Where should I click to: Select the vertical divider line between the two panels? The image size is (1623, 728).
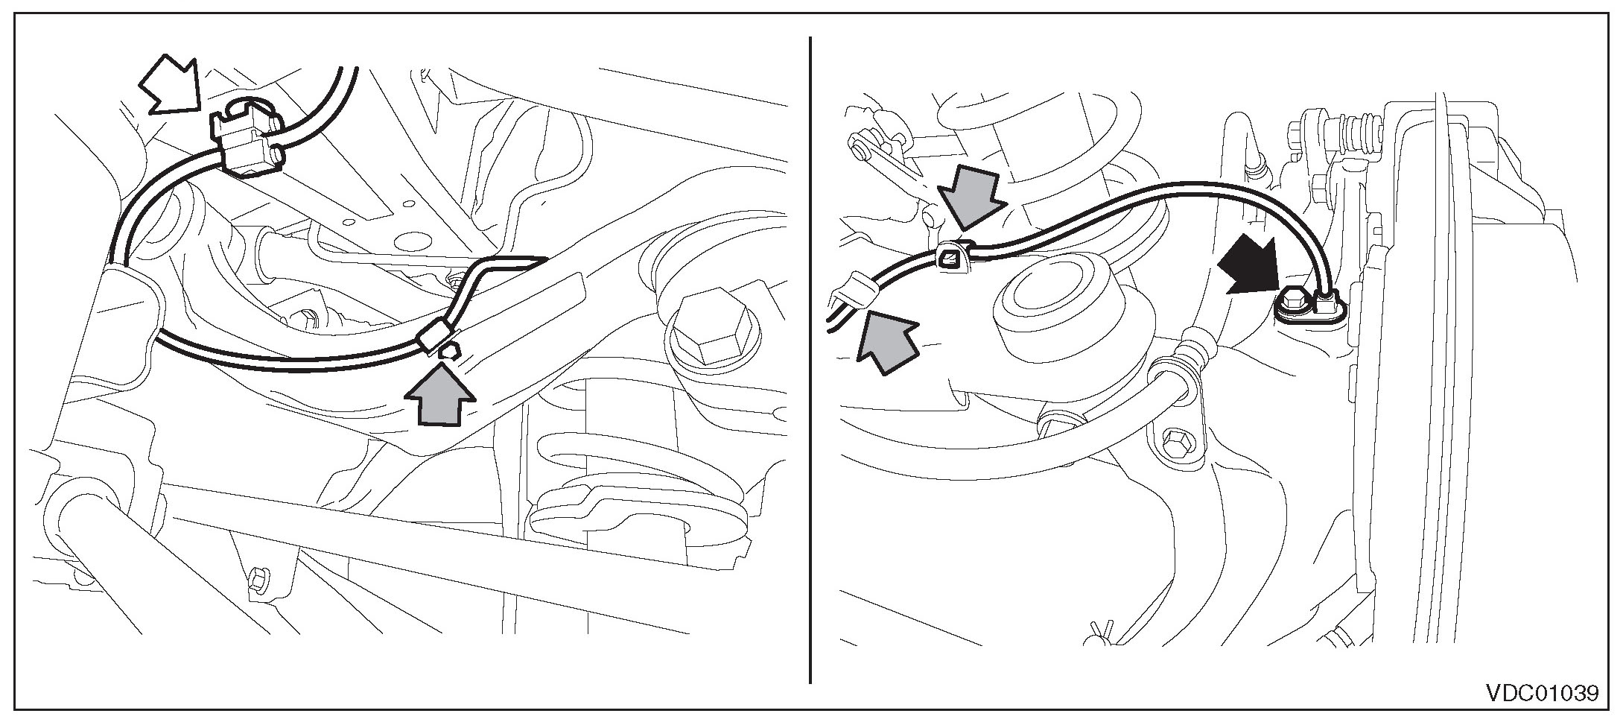810,358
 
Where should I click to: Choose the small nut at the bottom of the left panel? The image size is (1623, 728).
258,578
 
